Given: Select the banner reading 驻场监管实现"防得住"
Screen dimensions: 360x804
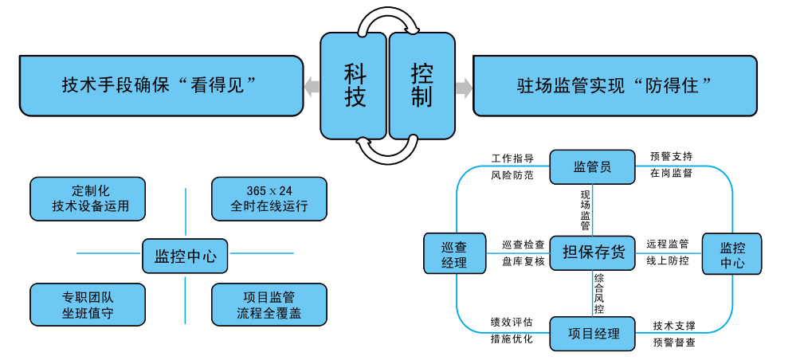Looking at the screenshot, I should pyautogui.click(x=614, y=85).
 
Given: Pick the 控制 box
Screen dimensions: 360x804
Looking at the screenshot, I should pyautogui.click(x=421, y=86).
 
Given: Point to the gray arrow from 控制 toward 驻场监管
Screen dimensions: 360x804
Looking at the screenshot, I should pyautogui.click(x=463, y=86).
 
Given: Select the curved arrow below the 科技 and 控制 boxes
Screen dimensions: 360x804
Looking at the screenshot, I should pyautogui.click(x=387, y=149).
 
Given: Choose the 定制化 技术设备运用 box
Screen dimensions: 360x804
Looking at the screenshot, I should pyautogui.click(x=88, y=198).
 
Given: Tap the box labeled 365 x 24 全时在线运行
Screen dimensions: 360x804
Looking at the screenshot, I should pyautogui.click(x=269, y=198).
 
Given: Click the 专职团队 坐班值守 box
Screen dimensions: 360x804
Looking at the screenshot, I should pyautogui.click(x=88, y=304).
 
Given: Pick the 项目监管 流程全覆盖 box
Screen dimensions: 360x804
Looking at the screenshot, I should pyautogui.click(x=269, y=304).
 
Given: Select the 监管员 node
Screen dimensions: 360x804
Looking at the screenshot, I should pyautogui.click(x=592, y=166).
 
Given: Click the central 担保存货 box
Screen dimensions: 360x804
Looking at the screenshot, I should pyautogui.click(x=593, y=252).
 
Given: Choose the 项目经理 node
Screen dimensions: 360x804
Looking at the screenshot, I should pyautogui.click(x=594, y=333).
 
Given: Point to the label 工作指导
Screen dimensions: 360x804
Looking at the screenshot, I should pyautogui.click(x=512, y=158).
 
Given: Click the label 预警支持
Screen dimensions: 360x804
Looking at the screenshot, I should pyautogui.click(x=671, y=155).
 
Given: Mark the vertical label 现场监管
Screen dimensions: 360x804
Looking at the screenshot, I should pyautogui.click(x=586, y=209).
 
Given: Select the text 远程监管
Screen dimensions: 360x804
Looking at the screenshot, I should pyautogui.click(x=667, y=244).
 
